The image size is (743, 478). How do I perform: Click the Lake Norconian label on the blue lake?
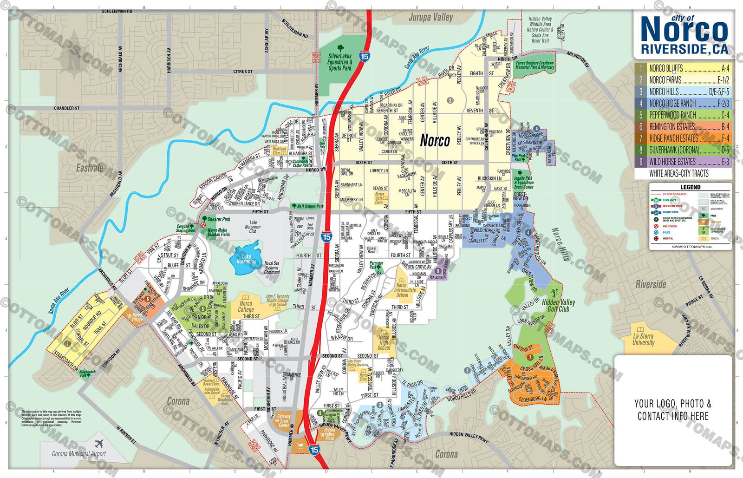[247, 259]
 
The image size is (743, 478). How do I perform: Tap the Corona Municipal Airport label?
[79, 454]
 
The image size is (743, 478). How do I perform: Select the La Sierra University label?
[643, 339]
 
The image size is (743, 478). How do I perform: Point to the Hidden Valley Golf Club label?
[558, 305]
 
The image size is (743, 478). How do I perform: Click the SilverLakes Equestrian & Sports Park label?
[340, 62]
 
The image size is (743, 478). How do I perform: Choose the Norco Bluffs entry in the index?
[666, 68]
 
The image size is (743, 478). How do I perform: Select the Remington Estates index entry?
[672, 126]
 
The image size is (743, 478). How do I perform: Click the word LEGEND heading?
[690, 187]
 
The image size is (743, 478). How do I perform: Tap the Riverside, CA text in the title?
[684, 49]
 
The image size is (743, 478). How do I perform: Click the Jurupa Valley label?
[430, 18]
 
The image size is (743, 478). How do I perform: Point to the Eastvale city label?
[90, 168]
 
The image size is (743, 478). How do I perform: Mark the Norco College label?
[246, 307]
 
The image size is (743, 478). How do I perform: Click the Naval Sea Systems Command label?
[272, 268]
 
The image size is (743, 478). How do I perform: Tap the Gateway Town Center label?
[284, 421]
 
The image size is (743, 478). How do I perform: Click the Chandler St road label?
[67, 108]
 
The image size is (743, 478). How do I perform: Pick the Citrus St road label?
[243, 72]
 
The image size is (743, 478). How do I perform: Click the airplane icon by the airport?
[98, 444]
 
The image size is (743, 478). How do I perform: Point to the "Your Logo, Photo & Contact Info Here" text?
[673, 410]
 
